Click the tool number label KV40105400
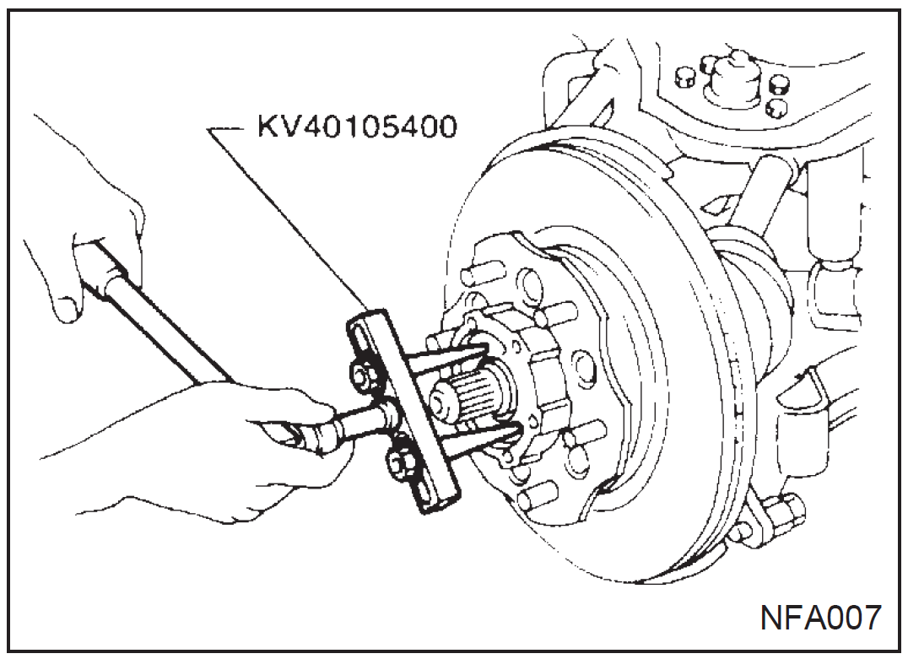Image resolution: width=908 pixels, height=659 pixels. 357,128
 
